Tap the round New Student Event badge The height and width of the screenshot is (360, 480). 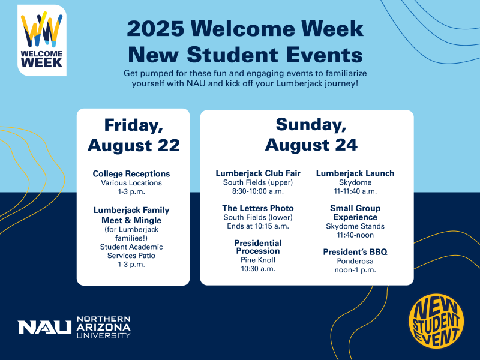436,322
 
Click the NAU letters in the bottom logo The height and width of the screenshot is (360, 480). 45,328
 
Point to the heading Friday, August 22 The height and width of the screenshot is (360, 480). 133,134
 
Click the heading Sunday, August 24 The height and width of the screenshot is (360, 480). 311,134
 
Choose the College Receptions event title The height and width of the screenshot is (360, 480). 131,174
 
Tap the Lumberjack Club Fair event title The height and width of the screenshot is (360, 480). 258,173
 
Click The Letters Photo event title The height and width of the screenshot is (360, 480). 258,208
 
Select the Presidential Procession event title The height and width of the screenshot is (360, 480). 257,247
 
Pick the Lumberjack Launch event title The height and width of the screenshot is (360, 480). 355,173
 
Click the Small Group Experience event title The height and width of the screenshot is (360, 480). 355,212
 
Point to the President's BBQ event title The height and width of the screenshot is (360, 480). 355,252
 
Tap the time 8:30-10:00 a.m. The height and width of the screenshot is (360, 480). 258,191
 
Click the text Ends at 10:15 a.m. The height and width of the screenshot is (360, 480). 258,226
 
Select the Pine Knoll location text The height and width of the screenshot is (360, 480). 257,260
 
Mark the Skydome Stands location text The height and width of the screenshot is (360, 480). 355,226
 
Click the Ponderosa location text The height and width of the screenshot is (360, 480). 355,261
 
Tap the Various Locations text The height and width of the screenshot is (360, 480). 131,183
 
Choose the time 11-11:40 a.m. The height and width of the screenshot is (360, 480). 355,191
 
